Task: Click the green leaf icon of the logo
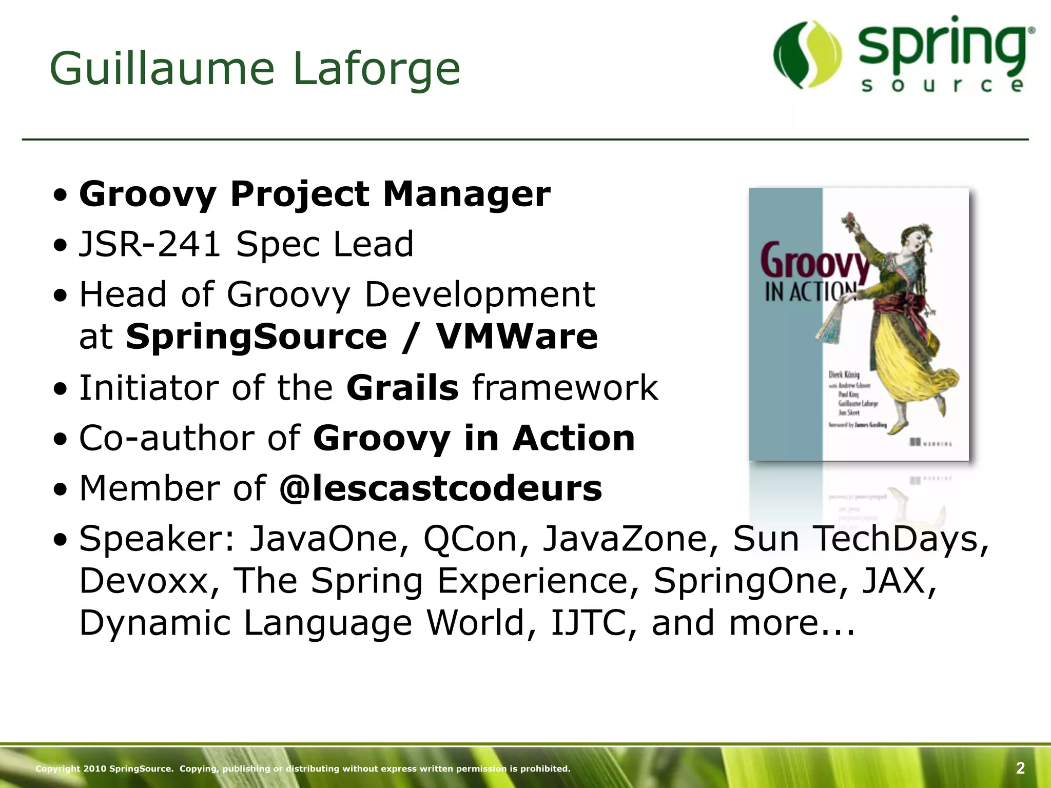tap(807, 54)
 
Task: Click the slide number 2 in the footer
tap(1020, 768)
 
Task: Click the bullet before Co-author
tap(61, 439)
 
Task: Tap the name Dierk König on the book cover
tap(844, 375)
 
